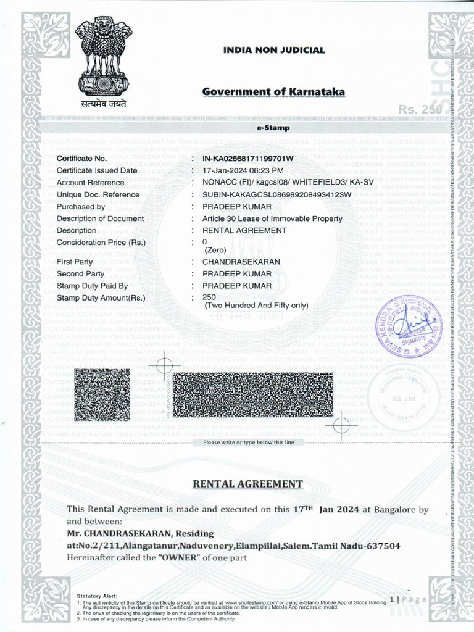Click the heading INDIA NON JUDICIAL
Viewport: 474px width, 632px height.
[x=273, y=50]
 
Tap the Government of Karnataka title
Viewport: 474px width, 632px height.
[x=273, y=92]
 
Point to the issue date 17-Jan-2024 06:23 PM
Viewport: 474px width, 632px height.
[x=243, y=170]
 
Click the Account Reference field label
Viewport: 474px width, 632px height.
[x=90, y=183]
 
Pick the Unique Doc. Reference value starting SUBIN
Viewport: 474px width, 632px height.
[x=276, y=195]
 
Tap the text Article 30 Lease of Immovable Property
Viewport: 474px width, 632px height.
[x=272, y=218]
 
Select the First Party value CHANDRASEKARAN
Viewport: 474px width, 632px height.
[x=241, y=262]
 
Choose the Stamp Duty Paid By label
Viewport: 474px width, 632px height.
[x=92, y=286]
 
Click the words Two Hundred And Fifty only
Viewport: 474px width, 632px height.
[x=256, y=305]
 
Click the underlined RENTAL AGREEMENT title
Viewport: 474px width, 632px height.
[x=247, y=484]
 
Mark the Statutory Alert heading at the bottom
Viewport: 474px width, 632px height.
[x=97, y=596]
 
